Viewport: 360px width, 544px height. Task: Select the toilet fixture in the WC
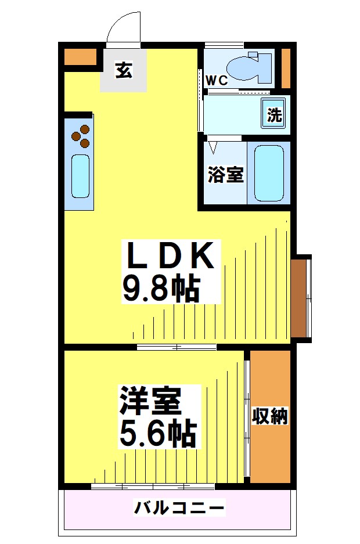[249, 67]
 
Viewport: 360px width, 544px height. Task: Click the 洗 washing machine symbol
[274, 114]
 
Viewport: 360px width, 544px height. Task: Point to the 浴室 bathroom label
[225, 174]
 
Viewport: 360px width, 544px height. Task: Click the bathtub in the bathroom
[268, 173]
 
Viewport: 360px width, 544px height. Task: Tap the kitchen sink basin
[80, 175]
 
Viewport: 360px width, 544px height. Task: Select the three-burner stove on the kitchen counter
[81, 136]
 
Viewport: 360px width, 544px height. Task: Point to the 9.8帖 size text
[161, 287]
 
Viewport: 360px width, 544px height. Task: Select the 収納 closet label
[270, 416]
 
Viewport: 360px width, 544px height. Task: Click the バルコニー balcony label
[179, 509]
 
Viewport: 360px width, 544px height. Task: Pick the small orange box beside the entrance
[80, 57]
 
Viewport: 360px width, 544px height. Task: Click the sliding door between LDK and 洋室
[177, 347]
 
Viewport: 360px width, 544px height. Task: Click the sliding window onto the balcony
[145, 486]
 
